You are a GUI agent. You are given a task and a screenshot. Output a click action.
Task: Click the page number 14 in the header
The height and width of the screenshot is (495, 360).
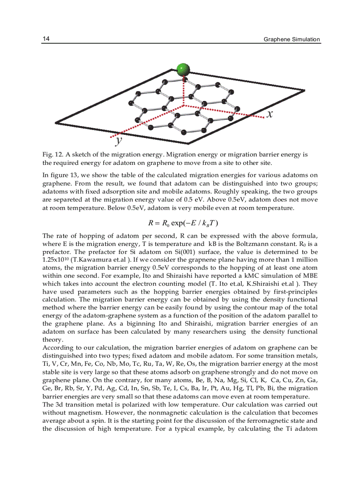[46, 39]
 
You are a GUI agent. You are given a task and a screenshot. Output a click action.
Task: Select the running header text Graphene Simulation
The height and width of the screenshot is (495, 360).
[292, 39]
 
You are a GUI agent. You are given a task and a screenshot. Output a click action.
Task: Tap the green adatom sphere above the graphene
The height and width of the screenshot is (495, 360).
[183, 69]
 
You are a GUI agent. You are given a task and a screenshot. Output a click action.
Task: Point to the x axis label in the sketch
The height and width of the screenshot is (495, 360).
[270, 114]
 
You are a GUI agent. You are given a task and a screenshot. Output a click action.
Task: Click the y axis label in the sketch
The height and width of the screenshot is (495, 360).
[118, 141]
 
